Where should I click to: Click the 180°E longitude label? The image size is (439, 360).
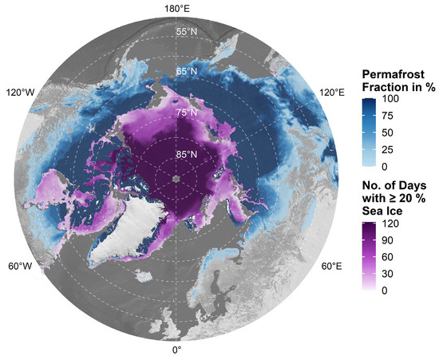pos(176,8)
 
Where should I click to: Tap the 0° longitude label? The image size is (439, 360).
pos(176,350)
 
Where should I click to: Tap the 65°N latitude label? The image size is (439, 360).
pos(187,72)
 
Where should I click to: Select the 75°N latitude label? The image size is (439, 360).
pos(187,113)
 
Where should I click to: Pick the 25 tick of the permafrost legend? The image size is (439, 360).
pos(379,150)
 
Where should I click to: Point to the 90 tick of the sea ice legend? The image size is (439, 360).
pos(379,241)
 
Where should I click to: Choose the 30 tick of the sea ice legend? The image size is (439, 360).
pos(379,275)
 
